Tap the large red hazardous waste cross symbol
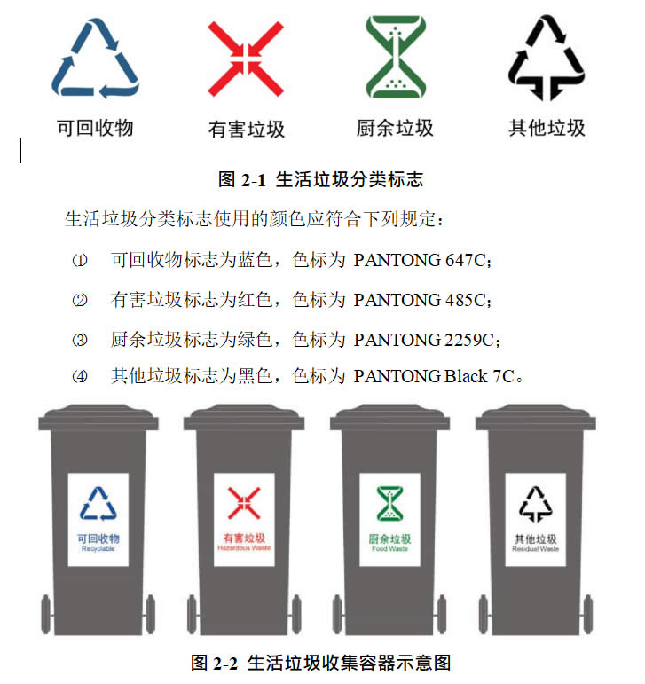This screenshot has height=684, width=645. coord(246,59)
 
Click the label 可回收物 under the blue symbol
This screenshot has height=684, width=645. coord(95,128)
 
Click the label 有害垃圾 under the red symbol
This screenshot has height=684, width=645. coord(247,130)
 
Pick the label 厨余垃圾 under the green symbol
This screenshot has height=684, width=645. coord(395,128)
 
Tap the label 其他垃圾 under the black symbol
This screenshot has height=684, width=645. coord(547,128)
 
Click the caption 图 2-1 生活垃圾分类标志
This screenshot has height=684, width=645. coord(320,179)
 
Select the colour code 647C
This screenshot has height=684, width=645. coord(465,261)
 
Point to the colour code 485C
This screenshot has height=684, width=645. coord(465,300)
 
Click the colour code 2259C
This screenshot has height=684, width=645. coord(469,340)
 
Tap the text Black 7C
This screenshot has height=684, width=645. coord(479,376)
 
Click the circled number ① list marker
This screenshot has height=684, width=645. coord(79,261)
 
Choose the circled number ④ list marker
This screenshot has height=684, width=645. coord(79,376)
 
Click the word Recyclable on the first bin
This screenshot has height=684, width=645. coord(98,549)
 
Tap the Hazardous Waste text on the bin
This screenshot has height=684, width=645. coord(244,548)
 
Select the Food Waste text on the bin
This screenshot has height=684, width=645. coord(389,549)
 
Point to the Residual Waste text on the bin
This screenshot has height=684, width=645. coord(536,549)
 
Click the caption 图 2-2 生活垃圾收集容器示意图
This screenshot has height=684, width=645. coord(320,663)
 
